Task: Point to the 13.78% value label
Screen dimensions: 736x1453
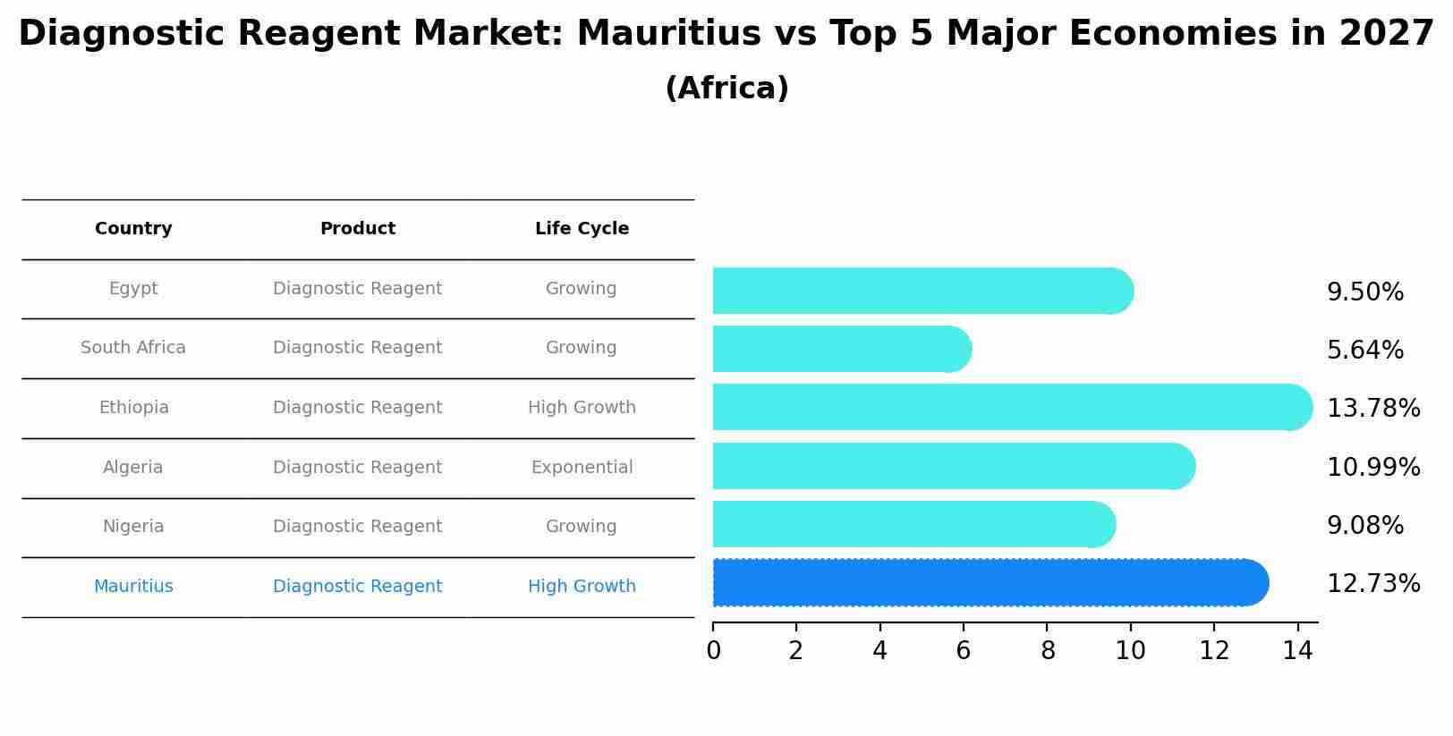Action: tap(1372, 409)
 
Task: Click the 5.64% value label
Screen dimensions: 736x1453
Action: tap(1364, 351)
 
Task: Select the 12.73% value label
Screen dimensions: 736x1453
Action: tap(1372, 584)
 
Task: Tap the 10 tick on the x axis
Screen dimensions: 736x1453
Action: tap(1130, 651)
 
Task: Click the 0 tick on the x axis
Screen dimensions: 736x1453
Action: tap(713, 651)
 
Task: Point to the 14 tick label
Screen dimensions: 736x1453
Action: tap(1297, 651)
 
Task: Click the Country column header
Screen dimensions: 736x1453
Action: tap(133, 229)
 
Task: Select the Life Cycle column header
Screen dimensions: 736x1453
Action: tap(582, 229)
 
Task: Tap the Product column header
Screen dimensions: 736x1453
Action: tap(357, 229)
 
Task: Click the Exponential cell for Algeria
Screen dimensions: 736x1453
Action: tap(582, 468)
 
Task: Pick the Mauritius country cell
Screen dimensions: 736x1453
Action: tap(133, 587)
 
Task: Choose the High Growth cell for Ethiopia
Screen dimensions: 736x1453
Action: tap(582, 408)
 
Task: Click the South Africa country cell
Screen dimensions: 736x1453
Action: tap(133, 348)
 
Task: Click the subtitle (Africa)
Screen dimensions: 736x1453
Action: tap(726, 89)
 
